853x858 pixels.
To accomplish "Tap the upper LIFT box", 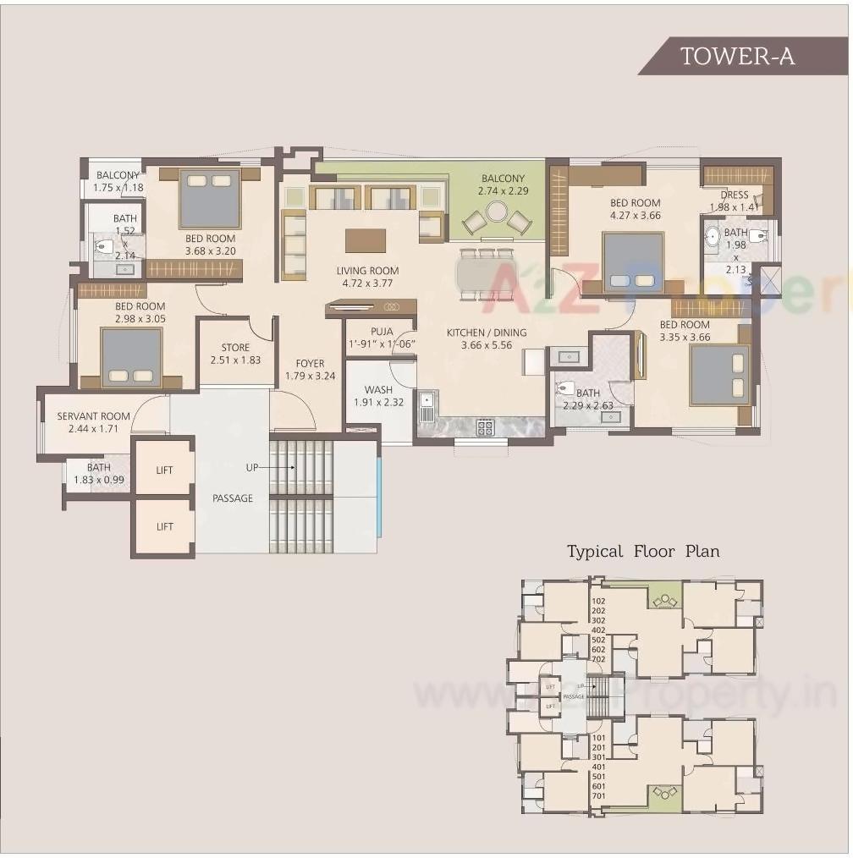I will coord(164,470).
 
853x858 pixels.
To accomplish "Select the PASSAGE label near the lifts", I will coord(232,498).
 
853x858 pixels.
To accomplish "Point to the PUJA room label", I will coord(382,338).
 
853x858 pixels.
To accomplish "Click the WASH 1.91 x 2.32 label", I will coord(378,396).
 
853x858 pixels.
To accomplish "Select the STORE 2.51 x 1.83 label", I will coord(235,354).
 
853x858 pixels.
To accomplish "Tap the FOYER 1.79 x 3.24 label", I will coord(310,370).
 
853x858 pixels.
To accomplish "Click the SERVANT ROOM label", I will coord(93,422).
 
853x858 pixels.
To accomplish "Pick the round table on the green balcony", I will coord(497,211).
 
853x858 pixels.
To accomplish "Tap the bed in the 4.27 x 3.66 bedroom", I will coord(633,262).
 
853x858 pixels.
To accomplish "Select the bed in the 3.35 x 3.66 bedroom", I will coord(719,374).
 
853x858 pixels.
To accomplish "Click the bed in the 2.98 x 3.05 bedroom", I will coord(131,357).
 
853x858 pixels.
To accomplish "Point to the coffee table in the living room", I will coord(365,240).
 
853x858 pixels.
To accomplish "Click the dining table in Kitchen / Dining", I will coord(485,275).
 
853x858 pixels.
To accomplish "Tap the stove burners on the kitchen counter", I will coord(486,428).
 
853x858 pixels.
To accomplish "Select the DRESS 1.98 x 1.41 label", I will coord(734,201).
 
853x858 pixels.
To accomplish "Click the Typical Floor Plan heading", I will coord(643,552).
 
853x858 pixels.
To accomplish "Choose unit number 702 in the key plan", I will coord(598,658).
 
